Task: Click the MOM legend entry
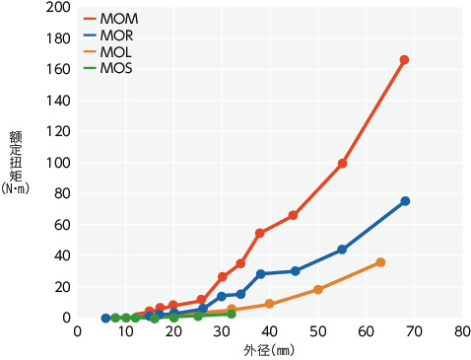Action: click(109, 19)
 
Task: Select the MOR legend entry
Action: click(109, 35)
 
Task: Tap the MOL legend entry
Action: click(109, 51)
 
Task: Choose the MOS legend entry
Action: click(109, 67)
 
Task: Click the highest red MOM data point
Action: click(404, 60)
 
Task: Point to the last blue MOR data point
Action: click(405, 201)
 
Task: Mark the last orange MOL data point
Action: click(380, 262)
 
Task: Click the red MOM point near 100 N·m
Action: click(342, 164)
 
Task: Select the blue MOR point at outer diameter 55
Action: click(342, 250)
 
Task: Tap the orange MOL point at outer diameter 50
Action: click(318, 290)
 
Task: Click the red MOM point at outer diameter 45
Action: click(294, 215)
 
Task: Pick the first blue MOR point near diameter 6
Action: click(105, 319)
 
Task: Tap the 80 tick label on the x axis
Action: click(462, 332)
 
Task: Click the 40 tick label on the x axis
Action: click(270, 332)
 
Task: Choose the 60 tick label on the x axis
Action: click(367, 332)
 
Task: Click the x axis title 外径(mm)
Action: click(269, 350)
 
